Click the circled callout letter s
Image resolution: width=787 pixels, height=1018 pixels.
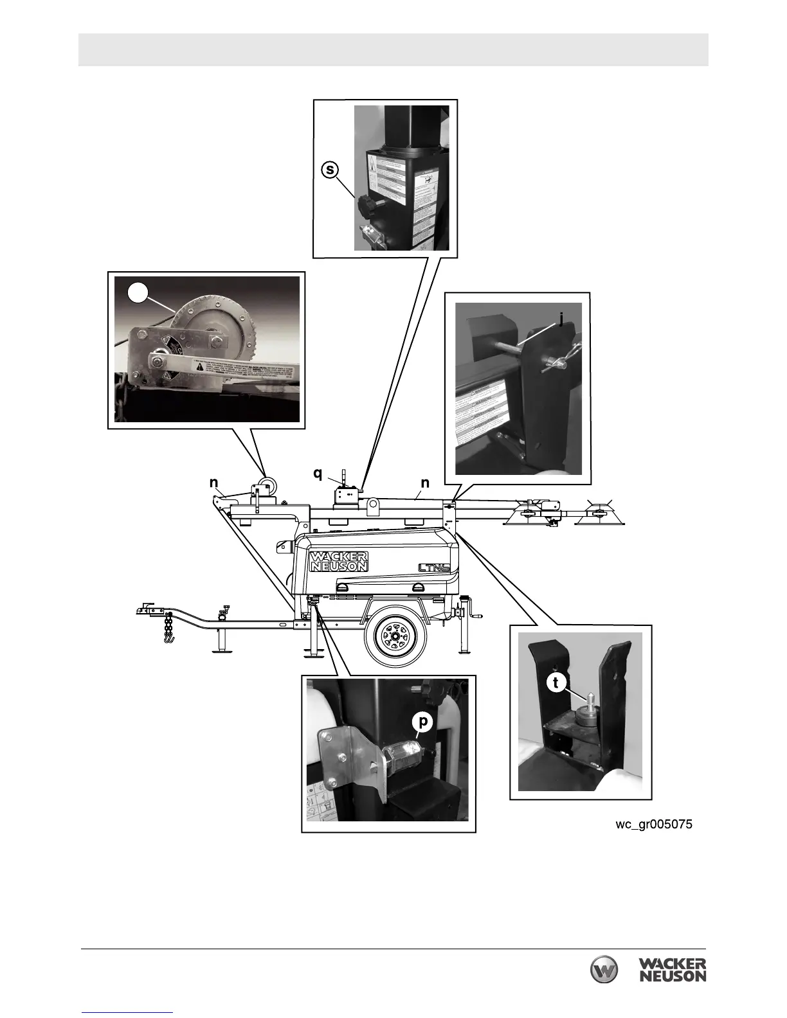pos(330,170)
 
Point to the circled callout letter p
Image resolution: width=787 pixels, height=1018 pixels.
pos(422,722)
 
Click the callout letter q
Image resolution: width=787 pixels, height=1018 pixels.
pos(318,474)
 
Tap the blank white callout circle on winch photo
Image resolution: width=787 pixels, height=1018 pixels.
pos(138,292)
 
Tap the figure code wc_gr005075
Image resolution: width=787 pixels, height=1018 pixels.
pos(654,824)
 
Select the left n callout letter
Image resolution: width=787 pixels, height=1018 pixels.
pos(213,483)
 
